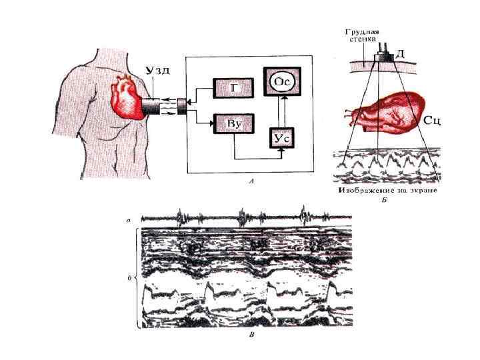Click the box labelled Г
point(231,87)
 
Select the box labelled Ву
point(231,124)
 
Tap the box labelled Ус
point(281,138)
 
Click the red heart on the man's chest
point(127,98)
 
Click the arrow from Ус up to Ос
point(283,111)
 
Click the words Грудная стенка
point(363,35)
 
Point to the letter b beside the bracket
point(128,275)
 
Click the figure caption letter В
point(250,336)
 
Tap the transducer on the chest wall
point(385,57)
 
